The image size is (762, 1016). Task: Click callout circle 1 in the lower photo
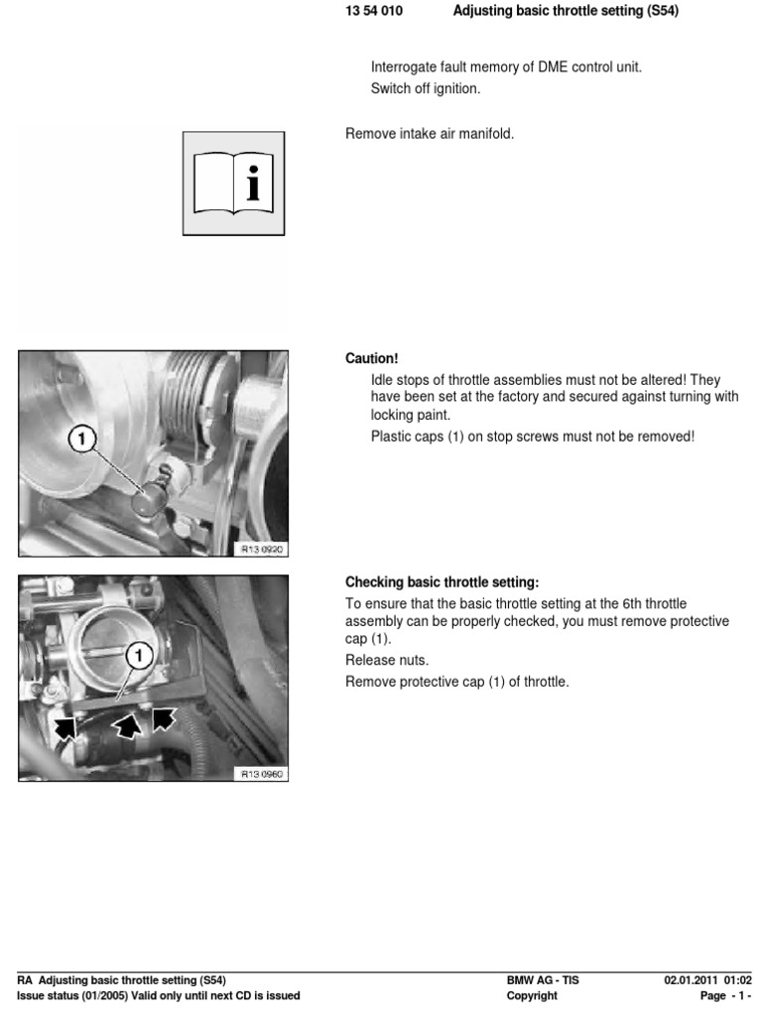(139, 655)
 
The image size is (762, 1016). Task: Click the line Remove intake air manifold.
(430, 134)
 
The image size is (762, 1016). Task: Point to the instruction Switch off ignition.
(425, 88)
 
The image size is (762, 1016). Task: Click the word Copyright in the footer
(532, 996)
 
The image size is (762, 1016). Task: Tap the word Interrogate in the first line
(405, 67)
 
